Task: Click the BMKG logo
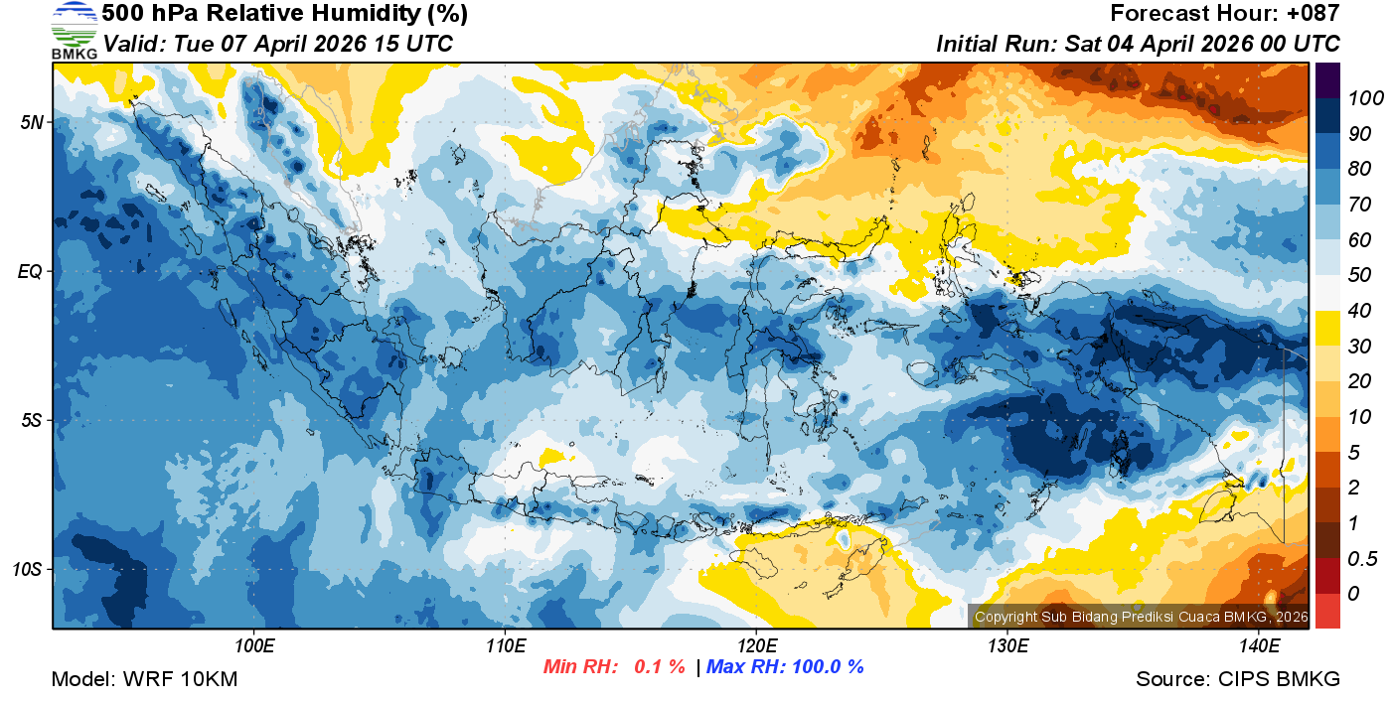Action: click(x=74, y=31)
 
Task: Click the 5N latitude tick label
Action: click(x=31, y=122)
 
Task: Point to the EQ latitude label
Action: click(x=30, y=271)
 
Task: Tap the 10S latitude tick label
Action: click(x=27, y=570)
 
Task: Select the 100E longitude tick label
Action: click(x=255, y=645)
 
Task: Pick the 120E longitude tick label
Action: click(x=756, y=645)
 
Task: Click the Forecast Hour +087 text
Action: click(x=1225, y=14)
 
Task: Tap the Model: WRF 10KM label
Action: click(x=144, y=679)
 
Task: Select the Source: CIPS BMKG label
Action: click(x=1238, y=679)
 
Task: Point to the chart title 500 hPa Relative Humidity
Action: click(x=284, y=14)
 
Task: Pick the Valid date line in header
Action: click(x=278, y=44)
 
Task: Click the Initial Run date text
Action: click(x=1138, y=44)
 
